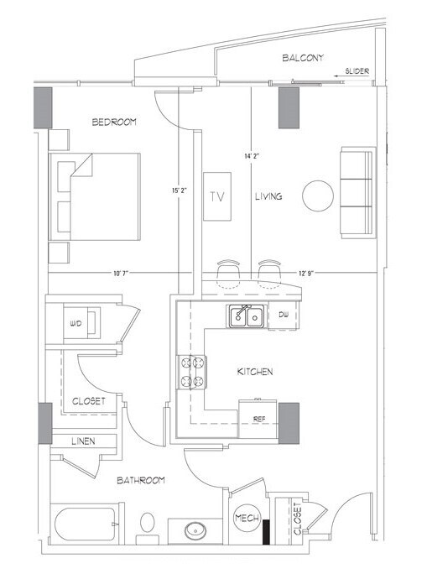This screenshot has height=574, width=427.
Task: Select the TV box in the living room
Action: tap(218, 196)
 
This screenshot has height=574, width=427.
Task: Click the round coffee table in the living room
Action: tap(319, 196)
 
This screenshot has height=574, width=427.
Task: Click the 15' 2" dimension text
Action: tap(177, 190)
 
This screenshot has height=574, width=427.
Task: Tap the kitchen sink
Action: tap(247, 317)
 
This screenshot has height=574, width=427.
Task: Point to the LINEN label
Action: tap(81, 441)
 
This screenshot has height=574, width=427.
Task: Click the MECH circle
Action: tap(246, 518)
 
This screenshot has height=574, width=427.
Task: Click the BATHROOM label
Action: tap(139, 480)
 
